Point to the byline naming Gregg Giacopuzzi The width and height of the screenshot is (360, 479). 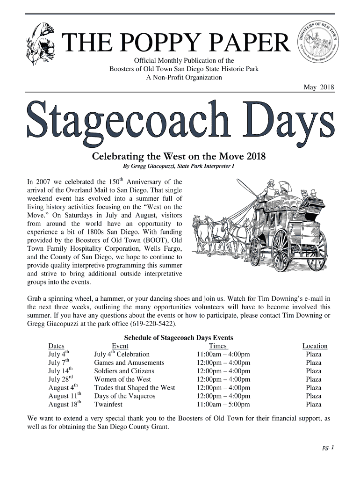pos(179,166)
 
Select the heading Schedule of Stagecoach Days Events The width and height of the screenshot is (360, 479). pos(178,338)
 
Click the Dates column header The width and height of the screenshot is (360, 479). pos(57,346)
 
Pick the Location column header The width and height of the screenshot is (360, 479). pos(315,346)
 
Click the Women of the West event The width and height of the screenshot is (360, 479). pos(122,379)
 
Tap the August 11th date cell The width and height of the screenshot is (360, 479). pos(65,396)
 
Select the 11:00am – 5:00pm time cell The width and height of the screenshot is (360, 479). pos(223,404)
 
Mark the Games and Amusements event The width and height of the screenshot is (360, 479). pos(129,363)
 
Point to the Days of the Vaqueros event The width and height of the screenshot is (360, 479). pos(124,396)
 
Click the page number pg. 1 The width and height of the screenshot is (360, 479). pos(328,448)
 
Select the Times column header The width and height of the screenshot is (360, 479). pos(218,346)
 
